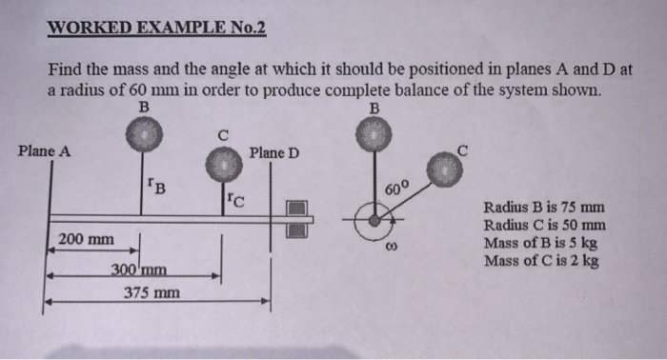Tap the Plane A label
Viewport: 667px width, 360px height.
coord(43,150)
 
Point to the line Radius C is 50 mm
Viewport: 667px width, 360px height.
coord(545,226)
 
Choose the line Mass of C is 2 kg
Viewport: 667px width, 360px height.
coord(542,260)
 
